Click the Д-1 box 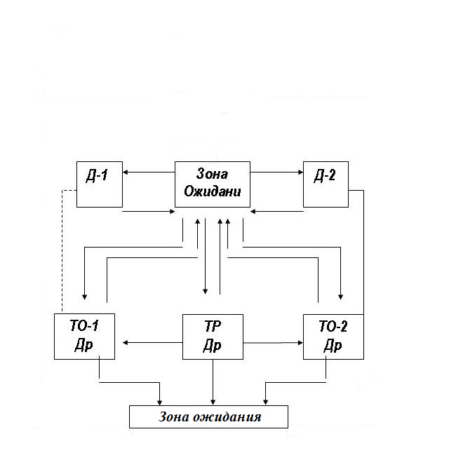(x=99, y=184)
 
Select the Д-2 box (x=326, y=184)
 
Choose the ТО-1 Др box (x=85, y=337)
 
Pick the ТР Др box (x=213, y=337)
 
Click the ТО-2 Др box (x=333, y=337)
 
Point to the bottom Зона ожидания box (x=209, y=417)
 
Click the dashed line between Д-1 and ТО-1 (x=62, y=252)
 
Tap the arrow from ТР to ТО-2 (x=274, y=342)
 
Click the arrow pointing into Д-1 (x=149, y=172)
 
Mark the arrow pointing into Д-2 (x=276, y=172)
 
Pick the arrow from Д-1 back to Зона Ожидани (x=149, y=210)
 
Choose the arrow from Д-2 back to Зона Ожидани (x=276, y=210)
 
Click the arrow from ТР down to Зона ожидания (x=213, y=382)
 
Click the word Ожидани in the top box (x=212, y=191)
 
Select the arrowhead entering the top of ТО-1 (x=85, y=294)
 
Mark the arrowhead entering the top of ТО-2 (x=341, y=294)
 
